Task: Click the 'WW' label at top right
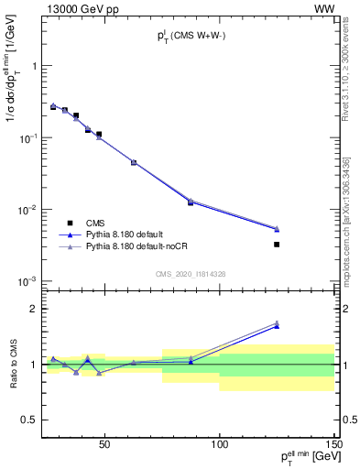click(x=326, y=8)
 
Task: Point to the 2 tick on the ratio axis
click(x=33, y=309)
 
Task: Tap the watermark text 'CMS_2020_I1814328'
click(x=191, y=274)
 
